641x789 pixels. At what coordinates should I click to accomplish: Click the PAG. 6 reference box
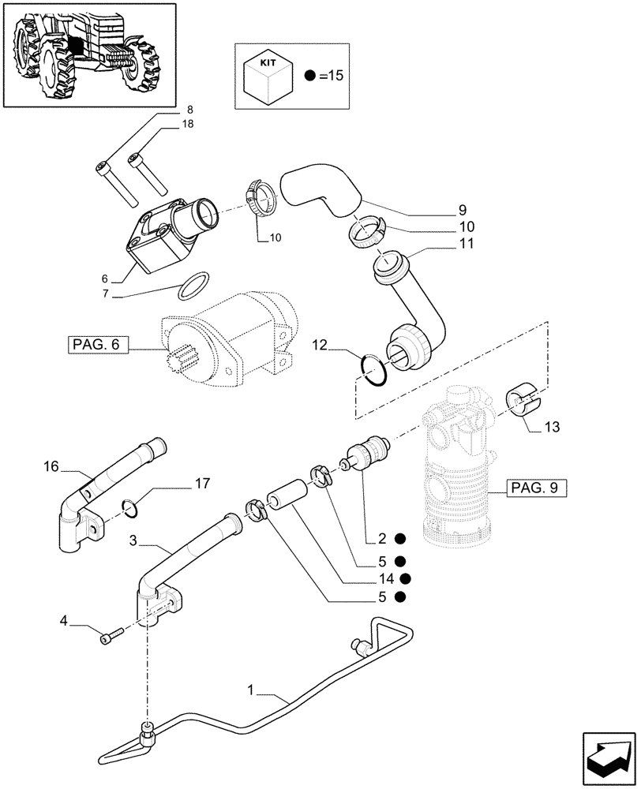(x=96, y=344)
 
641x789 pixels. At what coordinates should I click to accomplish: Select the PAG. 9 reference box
(x=533, y=488)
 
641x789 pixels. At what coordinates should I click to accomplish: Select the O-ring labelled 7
(x=194, y=287)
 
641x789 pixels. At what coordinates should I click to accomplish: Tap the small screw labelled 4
(x=112, y=634)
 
